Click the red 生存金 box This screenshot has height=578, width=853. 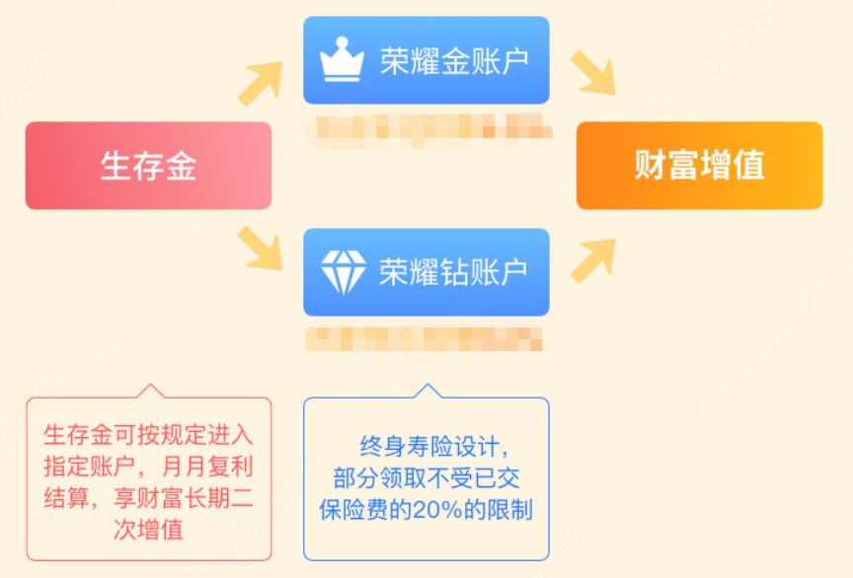(148, 166)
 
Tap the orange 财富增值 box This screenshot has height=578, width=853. (699, 166)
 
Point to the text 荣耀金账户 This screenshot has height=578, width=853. (454, 60)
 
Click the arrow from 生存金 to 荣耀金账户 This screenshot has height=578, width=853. (259, 85)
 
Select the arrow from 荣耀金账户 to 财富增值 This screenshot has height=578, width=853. (592, 73)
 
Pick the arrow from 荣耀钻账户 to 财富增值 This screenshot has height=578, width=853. (592, 259)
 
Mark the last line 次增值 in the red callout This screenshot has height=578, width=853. (148, 529)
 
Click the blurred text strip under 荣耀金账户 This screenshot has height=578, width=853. (426, 128)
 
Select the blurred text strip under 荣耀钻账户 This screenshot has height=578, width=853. (426, 338)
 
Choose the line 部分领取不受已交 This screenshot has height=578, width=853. (426, 478)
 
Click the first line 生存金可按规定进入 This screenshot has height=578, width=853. (148, 433)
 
